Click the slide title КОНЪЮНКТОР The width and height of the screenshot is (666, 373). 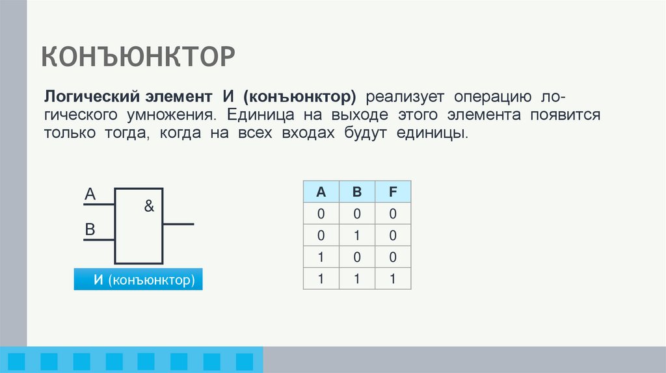138,57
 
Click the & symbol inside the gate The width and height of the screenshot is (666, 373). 149,207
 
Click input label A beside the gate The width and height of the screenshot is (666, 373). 90,194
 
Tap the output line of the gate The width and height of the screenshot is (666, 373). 178,224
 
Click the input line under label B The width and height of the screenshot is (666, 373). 99,240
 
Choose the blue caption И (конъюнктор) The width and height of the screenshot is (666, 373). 138,280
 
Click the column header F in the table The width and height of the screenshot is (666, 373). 393,192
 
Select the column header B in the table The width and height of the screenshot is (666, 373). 357,192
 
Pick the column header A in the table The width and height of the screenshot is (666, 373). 321,192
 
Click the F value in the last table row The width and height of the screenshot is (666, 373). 393,279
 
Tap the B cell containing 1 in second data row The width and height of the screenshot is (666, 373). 357,235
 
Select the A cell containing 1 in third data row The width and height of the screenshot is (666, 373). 321,257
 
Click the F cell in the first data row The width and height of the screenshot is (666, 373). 393,214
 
